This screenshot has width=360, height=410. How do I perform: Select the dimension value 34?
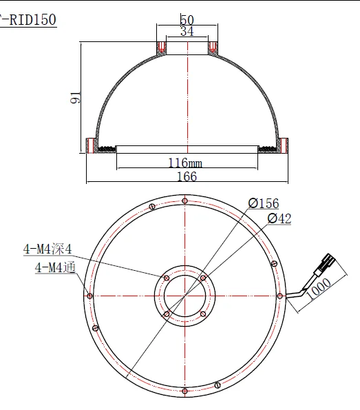point(186,31)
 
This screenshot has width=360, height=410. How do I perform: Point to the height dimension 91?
point(76,99)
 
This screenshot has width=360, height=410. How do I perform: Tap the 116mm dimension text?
point(185,163)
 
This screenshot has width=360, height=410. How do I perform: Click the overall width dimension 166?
point(186,177)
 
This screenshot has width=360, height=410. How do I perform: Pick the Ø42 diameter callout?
point(278,218)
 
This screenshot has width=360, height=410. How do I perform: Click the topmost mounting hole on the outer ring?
point(185,201)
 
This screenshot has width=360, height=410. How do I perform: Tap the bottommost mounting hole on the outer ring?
point(185,391)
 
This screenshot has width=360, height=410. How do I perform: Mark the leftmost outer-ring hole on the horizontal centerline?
point(90,296)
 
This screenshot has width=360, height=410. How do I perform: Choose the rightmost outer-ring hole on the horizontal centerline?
point(280,296)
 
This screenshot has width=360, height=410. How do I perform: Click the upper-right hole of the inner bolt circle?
point(203,278)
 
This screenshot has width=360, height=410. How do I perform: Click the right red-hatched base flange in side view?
point(282,145)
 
